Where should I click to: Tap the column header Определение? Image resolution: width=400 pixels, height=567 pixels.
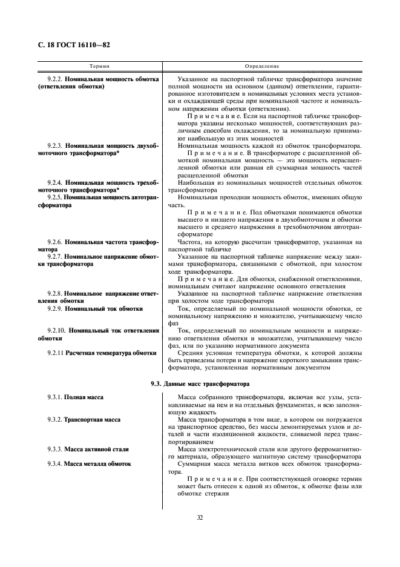[x=262, y=65]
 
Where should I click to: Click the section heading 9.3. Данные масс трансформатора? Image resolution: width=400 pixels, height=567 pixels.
[x=200, y=383]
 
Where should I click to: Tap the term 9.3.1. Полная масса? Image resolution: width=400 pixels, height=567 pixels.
[x=75, y=397]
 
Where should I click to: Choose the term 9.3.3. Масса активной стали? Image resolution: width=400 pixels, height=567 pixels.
[x=88, y=449]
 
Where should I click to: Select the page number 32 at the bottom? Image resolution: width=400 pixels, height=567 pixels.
[x=200, y=517]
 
